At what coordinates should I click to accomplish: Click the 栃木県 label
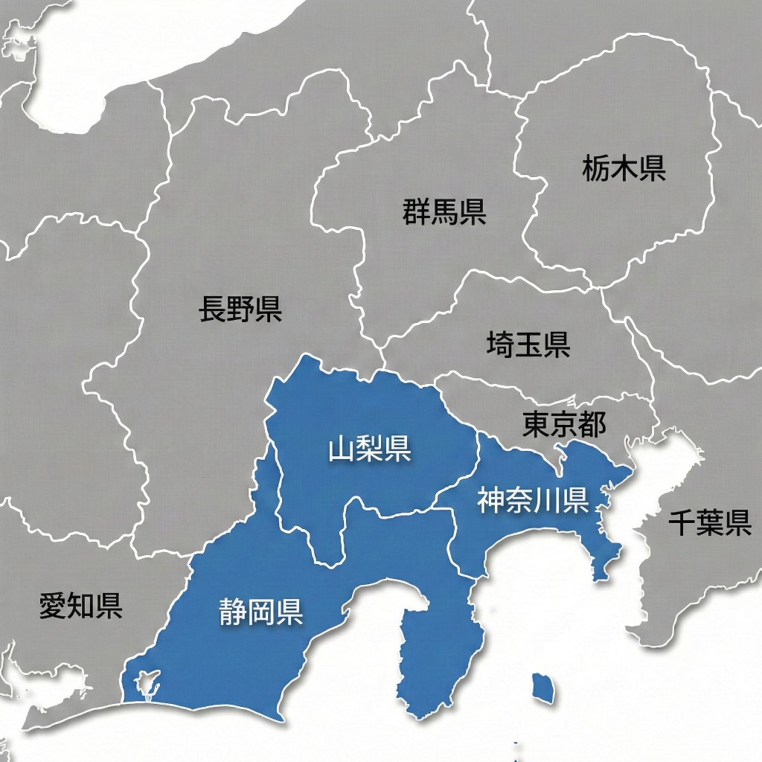click(624, 170)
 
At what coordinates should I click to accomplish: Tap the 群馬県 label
click(444, 212)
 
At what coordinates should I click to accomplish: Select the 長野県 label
click(240, 308)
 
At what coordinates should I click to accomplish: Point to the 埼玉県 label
click(528, 344)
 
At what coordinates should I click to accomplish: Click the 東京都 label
click(564, 425)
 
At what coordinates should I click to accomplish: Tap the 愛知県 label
click(80, 606)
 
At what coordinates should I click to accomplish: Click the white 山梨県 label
click(369, 449)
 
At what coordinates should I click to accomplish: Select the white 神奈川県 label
click(533, 501)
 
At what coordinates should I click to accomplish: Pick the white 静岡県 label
click(260, 612)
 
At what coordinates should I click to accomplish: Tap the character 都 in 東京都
click(592, 425)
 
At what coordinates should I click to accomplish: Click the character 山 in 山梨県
click(342, 449)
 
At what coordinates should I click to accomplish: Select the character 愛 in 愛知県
click(53, 606)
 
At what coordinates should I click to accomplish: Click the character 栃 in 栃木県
click(596, 170)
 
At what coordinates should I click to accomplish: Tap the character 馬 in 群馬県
click(444, 212)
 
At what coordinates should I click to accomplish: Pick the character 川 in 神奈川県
click(548, 501)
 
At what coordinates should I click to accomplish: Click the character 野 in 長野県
click(240, 308)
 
